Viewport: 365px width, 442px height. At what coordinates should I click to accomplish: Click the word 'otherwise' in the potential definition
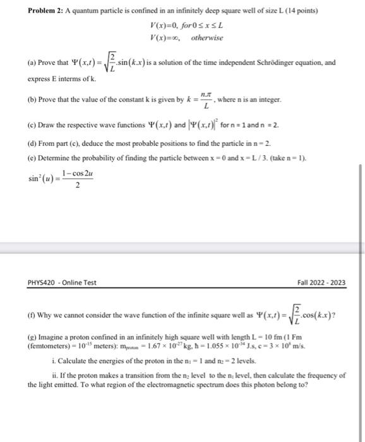click(208, 38)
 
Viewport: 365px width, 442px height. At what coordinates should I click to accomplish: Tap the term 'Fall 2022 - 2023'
click(323, 282)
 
